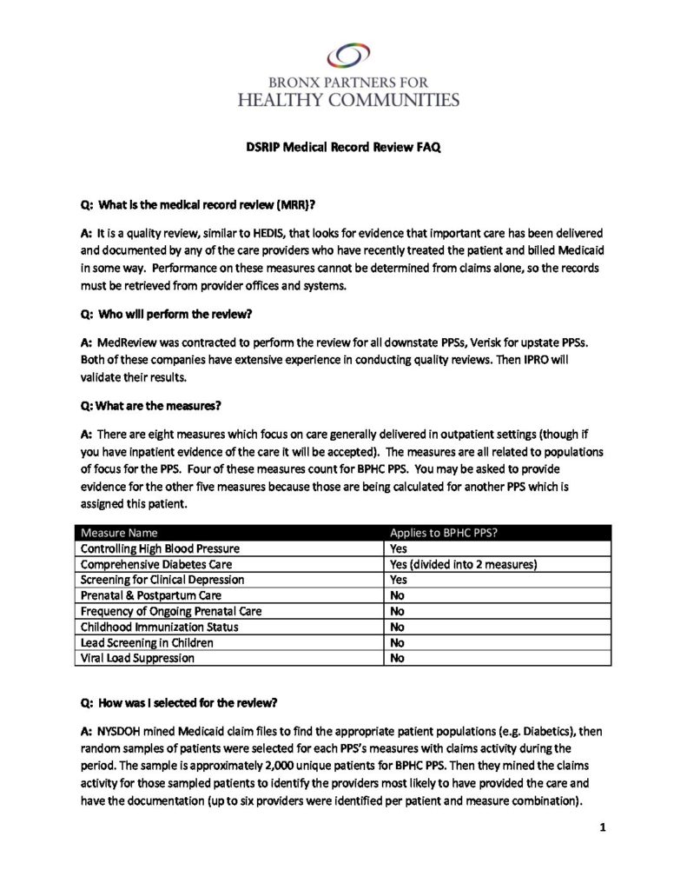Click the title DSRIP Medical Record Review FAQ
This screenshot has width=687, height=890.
pos(343,148)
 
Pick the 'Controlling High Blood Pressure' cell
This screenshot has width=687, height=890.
pos(160,548)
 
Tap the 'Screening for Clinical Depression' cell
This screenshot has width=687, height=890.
pos(162,580)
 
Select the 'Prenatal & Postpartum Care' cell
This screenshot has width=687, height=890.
pos(151,595)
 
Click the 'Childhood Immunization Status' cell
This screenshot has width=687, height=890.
pos(159,627)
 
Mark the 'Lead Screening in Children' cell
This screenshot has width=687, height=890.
pos(148,642)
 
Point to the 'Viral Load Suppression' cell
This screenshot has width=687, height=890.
pos(137,658)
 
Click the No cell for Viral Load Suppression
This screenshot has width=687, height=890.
pos(398,658)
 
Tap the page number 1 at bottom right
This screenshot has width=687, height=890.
pos(601,827)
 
